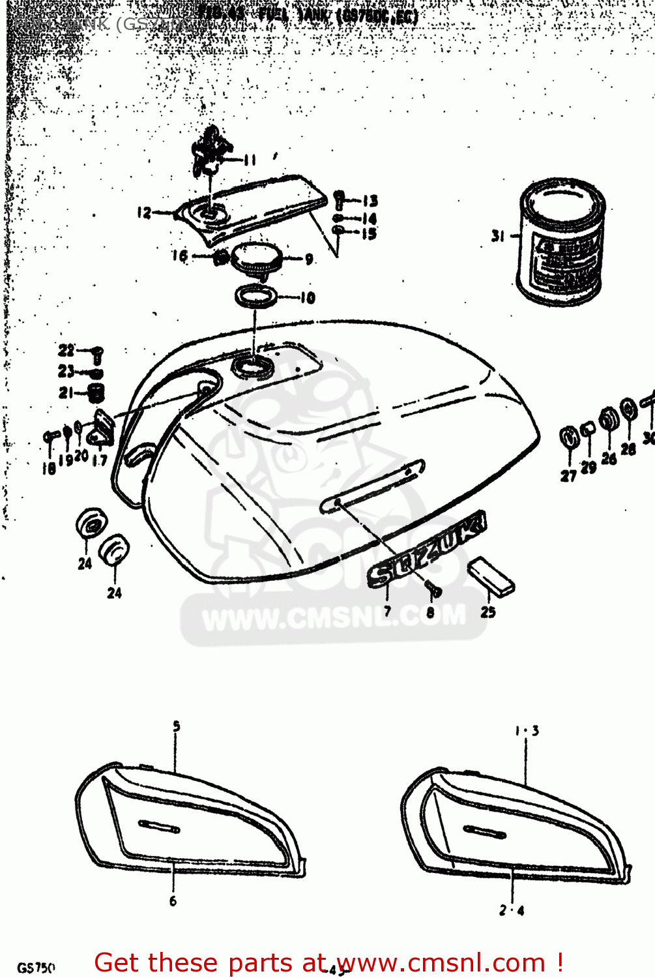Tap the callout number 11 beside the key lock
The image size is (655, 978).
[250, 160]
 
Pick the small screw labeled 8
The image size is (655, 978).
[434, 590]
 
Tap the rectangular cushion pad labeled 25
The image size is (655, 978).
[491, 576]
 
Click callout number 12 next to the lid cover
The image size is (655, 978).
[144, 213]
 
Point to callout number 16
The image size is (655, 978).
[180, 256]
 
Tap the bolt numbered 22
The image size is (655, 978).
[97, 354]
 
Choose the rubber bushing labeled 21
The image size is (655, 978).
[97, 393]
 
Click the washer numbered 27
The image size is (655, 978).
[569, 437]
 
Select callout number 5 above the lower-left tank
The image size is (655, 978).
[176, 726]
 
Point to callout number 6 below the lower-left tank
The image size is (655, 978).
[173, 901]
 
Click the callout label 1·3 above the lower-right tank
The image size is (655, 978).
[527, 731]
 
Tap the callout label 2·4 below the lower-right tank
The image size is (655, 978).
[512, 910]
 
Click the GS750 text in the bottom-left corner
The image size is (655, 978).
[36, 968]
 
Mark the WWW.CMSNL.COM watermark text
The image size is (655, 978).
[334, 617]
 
